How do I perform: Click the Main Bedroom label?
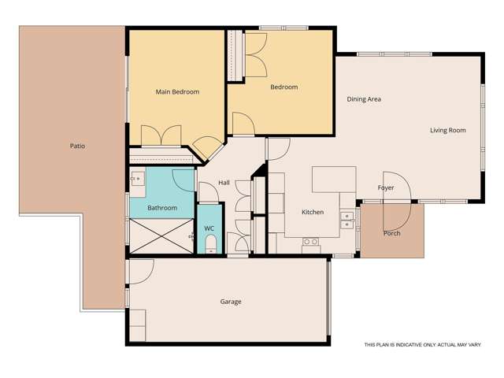177,92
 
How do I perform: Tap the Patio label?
77,146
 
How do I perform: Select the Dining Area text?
364,99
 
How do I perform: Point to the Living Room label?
447,130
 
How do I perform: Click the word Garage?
231,302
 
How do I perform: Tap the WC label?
209,228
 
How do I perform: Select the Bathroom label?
162,208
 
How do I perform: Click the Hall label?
224,183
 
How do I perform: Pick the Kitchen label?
313,213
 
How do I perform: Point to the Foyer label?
386,188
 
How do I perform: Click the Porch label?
391,233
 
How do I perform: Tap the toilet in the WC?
209,247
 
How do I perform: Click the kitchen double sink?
346,219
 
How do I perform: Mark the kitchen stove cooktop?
310,242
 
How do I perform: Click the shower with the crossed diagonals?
161,235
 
